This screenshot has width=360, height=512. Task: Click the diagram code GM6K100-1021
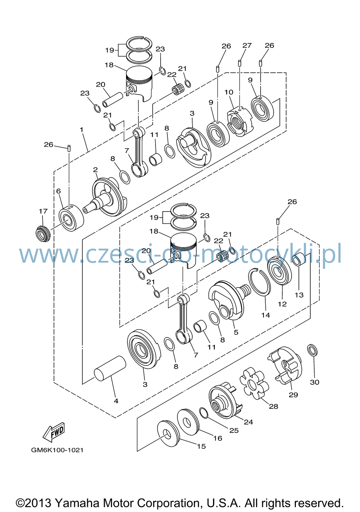(x=57, y=450)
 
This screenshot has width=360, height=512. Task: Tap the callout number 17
(x=43, y=211)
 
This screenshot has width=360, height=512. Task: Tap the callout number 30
(x=314, y=382)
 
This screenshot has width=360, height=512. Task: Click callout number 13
(x=299, y=295)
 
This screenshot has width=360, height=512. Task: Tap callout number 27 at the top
(x=247, y=45)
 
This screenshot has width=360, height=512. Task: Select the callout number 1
(x=81, y=130)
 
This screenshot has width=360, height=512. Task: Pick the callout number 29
(x=293, y=395)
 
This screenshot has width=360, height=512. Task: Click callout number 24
(x=248, y=422)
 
